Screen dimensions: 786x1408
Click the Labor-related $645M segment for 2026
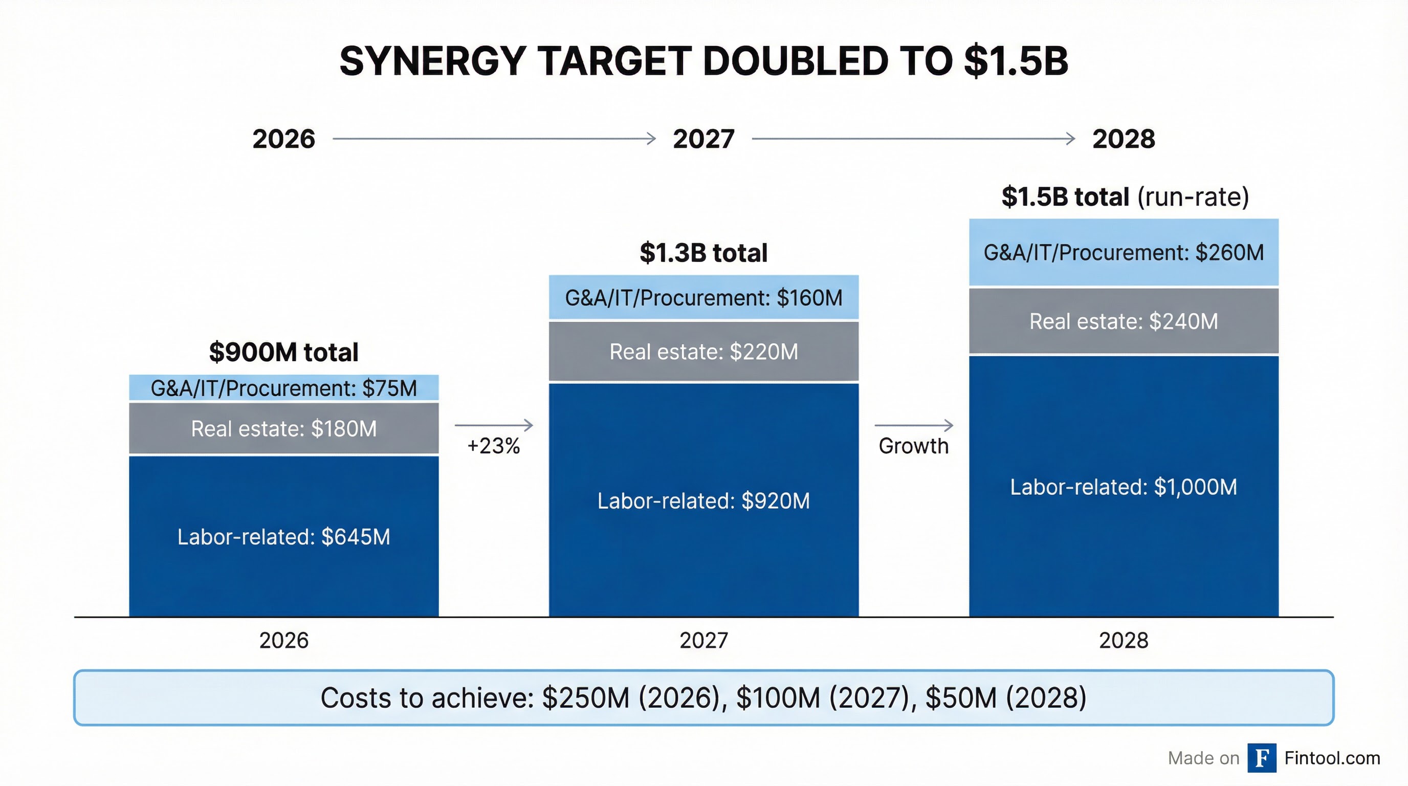coord(283,537)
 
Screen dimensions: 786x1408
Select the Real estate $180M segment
coord(283,428)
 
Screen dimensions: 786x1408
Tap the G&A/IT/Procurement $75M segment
coord(283,388)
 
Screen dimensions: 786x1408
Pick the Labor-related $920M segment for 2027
coord(703,500)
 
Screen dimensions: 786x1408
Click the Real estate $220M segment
coord(703,352)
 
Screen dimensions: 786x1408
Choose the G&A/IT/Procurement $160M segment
coord(703,297)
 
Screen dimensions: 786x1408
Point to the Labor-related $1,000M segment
coord(1123,487)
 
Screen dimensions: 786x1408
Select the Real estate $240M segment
coord(1123,321)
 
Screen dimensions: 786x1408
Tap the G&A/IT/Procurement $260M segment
coord(1123,252)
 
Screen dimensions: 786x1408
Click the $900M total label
coord(283,352)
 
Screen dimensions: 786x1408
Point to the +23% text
coord(493,446)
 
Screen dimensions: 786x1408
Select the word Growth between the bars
coord(913,446)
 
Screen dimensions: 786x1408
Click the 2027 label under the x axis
coord(703,640)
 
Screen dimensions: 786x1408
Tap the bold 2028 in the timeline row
coord(1123,139)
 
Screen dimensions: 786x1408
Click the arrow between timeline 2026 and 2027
coord(494,139)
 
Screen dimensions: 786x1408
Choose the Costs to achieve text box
coord(703,698)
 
